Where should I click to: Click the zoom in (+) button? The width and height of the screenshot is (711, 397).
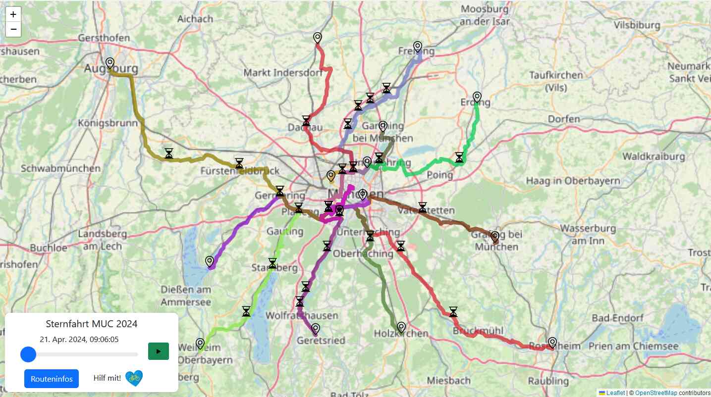coord(13,15)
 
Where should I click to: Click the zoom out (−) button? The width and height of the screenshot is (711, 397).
coord(13,29)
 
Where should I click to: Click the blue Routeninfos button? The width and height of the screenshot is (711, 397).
coord(52,379)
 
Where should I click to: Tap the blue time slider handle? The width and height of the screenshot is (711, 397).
coord(28,354)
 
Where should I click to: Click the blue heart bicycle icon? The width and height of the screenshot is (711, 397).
coord(134,379)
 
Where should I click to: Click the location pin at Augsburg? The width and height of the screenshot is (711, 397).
coord(110,63)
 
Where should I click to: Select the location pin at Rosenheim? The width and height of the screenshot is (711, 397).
coord(552,342)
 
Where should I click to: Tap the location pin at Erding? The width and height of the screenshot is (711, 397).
coord(477,97)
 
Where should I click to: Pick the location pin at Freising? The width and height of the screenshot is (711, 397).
coord(418,47)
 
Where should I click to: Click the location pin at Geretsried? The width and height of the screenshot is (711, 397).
coord(316,328)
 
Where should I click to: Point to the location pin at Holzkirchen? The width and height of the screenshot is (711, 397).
coord(401,327)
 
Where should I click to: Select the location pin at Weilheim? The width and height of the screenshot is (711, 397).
coord(200,343)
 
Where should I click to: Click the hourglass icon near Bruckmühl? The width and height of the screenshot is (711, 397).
coord(453,312)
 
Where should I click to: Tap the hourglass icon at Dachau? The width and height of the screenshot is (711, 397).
coord(306,121)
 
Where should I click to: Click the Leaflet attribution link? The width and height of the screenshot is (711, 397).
coord(616,393)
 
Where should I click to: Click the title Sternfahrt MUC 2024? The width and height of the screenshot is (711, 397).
coord(92,324)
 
